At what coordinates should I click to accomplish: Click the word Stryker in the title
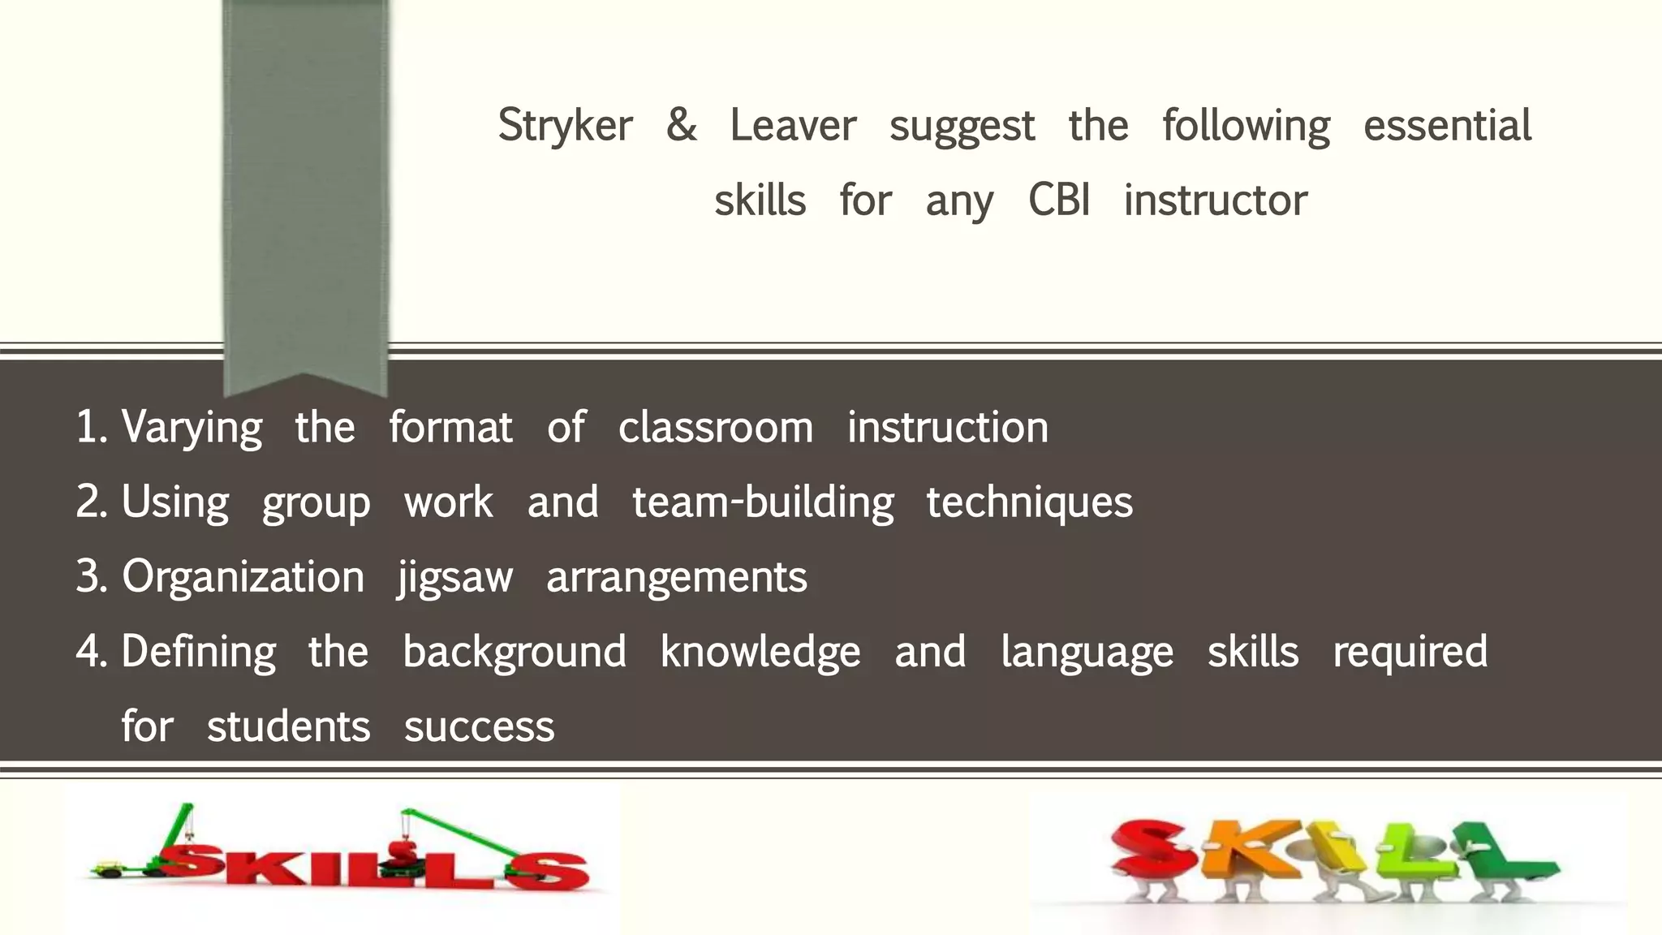coord(565,127)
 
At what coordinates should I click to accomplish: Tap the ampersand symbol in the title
coord(681,125)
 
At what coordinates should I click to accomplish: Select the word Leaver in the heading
coord(793,127)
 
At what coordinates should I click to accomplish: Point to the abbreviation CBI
coord(1058,200)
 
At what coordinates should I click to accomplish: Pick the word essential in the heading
coord(1447,127)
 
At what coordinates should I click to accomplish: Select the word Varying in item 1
coord(192,429)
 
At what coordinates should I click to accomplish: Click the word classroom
coord(715,428)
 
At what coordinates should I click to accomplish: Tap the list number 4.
coord(89,652)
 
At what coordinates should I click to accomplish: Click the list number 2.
coord(89,502)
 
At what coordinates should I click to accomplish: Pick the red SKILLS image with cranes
coord(341,860)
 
